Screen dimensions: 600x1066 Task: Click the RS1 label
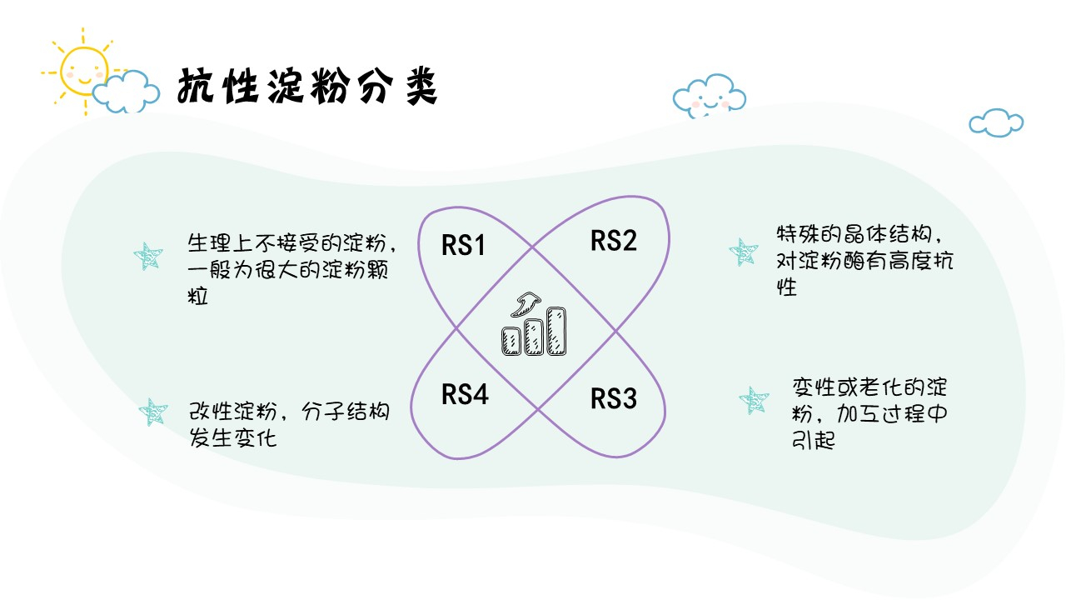pos(463,246)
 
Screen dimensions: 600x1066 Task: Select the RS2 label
pos(614,241)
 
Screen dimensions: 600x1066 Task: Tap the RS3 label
pos(614,399)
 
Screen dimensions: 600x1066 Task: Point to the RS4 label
pos(465,394)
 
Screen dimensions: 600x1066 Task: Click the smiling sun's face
pos(85,70)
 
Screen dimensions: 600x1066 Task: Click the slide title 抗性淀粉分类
pos(307,87)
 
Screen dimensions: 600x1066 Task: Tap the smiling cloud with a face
pos(709,95)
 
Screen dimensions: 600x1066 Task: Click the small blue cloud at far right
pos(996,122)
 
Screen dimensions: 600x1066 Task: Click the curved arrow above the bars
pos(526,304)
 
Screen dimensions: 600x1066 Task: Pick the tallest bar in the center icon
pos(557,331)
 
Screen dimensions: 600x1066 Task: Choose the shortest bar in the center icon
pos(511,341)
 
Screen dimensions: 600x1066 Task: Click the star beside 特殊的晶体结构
pos(742,252)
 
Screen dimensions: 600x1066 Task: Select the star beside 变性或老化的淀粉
pos(755,402)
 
